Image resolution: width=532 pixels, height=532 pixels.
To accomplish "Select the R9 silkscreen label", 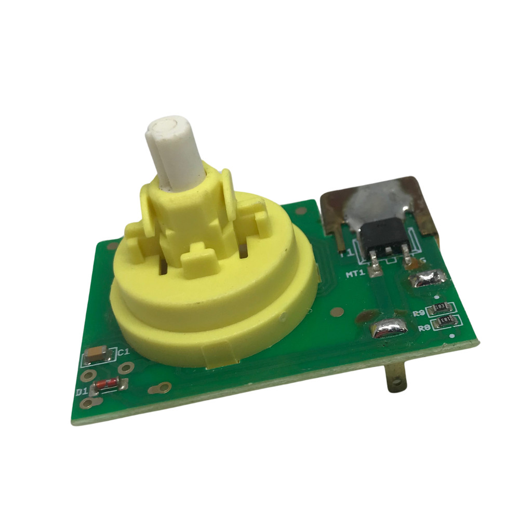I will point(418,313).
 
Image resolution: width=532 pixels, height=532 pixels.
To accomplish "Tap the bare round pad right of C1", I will point(126,368).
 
